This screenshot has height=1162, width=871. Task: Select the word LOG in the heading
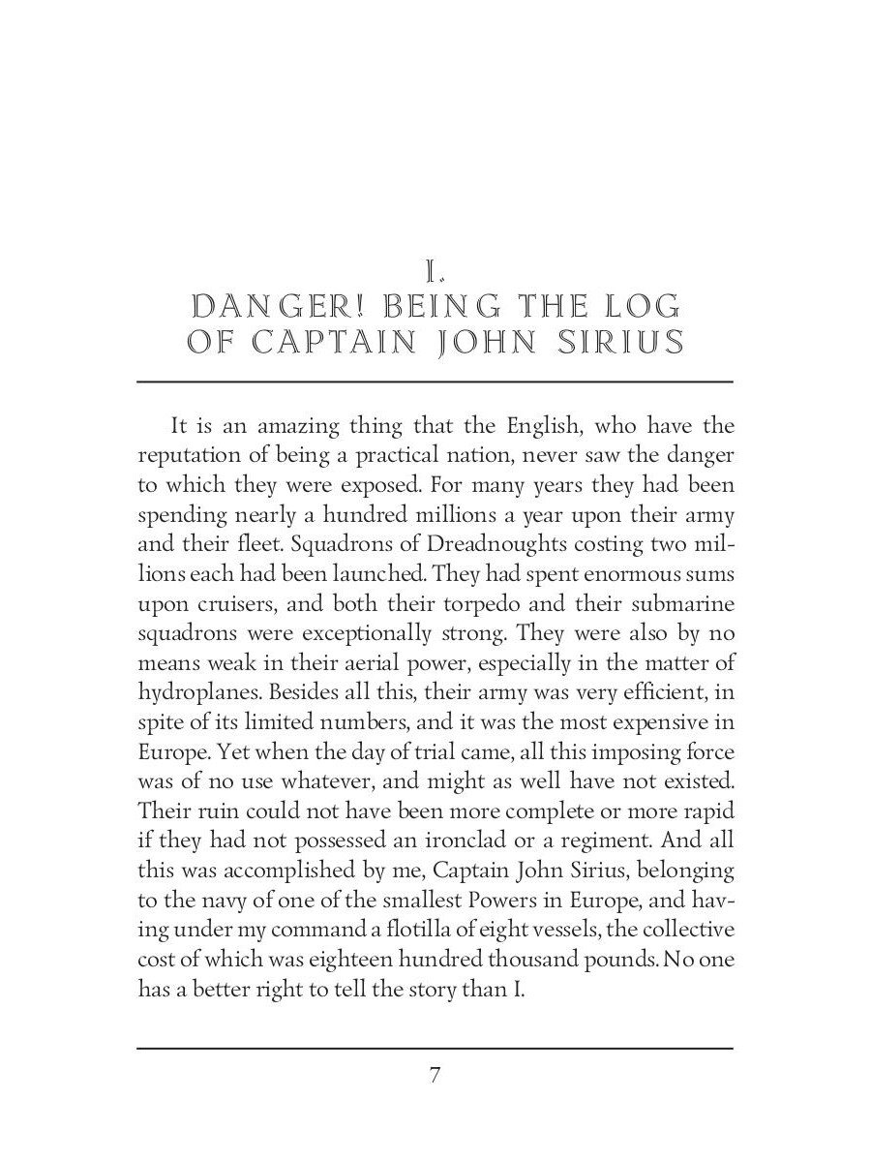click(x=643, y=307)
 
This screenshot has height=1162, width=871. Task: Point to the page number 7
click(x=435, y=1075)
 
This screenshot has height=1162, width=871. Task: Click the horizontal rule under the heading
click(x=435, y=382)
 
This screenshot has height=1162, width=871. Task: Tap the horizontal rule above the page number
click(x=435, y=1048)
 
